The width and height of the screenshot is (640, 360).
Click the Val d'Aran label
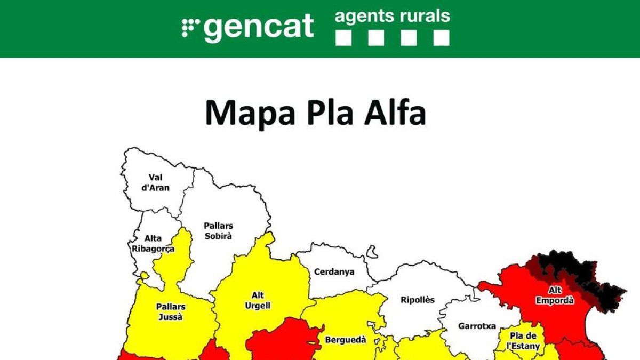[x=156, y=182]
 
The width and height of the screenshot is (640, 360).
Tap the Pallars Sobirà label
[x=218, y=231]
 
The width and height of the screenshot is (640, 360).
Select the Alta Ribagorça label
[x=153, y=244]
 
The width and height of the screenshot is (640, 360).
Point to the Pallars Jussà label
[x=171, y=311]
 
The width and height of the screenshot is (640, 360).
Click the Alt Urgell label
[x=258, y=301]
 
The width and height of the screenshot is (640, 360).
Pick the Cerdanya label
[x=334, y=272]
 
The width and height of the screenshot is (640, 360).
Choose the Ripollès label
[x=418, y=300]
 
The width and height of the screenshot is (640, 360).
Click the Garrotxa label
[x=477, y=326]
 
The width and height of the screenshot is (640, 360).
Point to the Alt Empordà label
[x=555, y=295]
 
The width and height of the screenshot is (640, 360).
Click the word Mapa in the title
[x=245, y=113]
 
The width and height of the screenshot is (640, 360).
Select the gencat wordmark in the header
[x=259, y=27]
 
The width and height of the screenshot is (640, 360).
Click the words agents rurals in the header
[x=392, y=16]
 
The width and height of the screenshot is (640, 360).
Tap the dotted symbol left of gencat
[x=190, y=27]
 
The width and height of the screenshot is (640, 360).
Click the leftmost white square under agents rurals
[x=343, y=38]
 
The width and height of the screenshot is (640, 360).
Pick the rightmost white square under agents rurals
[x=441, y=38]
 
